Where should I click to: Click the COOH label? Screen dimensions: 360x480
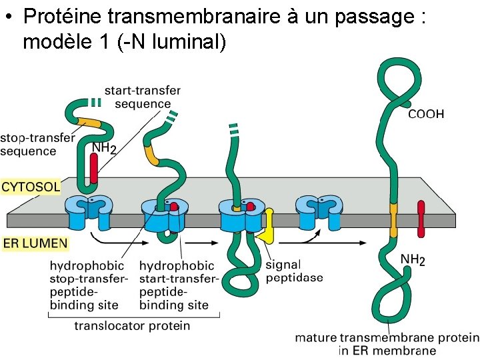pyautogui.click(x=425, y=114)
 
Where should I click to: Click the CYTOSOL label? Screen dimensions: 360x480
pyautogui.click(x=31, y=186)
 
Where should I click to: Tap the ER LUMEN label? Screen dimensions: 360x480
pyautogui.click(x=35, y=244)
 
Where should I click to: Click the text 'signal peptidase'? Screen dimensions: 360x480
pyautogui.click(x=294, y=271)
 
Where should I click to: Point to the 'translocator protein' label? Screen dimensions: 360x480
pyautogui.click(x=132, y=326)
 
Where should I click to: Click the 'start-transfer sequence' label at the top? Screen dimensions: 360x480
pyautogui.click(x=142, y=97)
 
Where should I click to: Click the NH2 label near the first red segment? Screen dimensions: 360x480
pyautogui.click(x=103, y=149)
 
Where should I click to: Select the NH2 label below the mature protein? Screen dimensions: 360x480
pyautogui.click(x=413, y=259)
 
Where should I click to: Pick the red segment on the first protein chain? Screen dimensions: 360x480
pyautogui.click(x=94, y=169)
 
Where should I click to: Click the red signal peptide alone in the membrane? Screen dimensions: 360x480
pyautogui.click(x=421, y=218)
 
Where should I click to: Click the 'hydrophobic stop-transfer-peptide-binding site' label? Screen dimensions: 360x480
pyautogui.click(x=85, y=285)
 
